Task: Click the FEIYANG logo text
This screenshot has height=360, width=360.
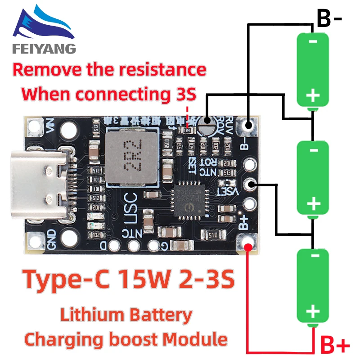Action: click(44, 48)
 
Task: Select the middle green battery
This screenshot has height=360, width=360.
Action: click(313, 177)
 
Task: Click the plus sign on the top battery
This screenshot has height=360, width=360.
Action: click(313, 95)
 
